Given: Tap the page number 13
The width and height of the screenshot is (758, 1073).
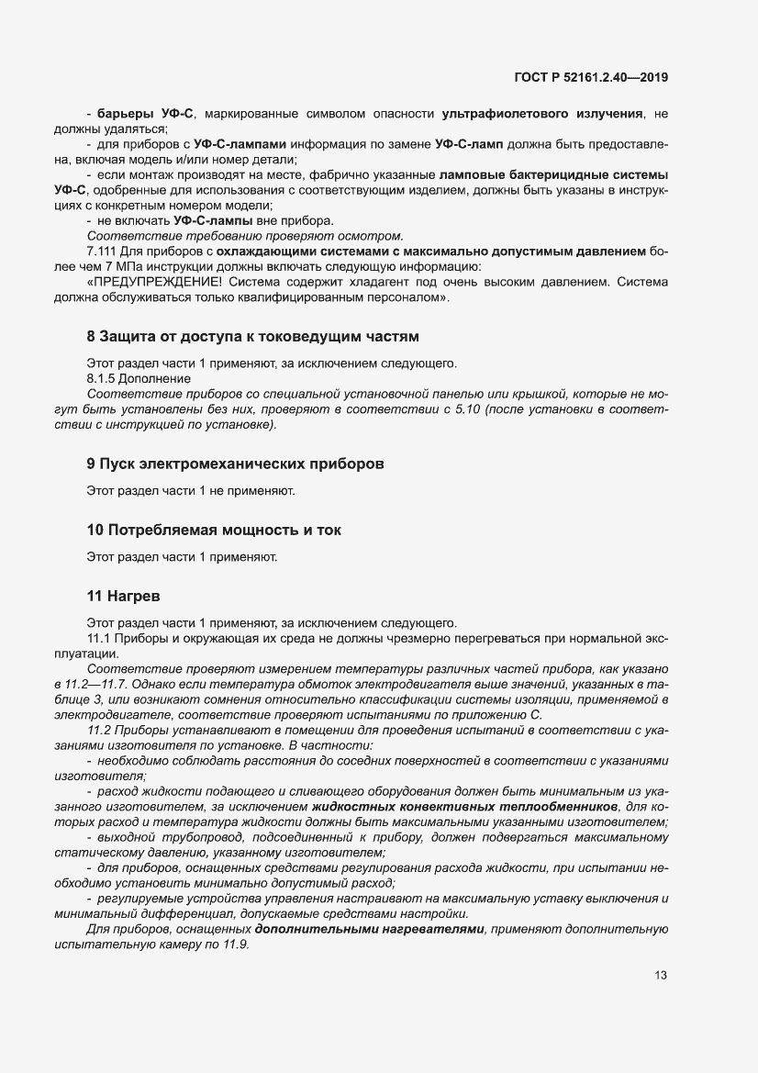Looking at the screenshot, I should [x=660, y=976].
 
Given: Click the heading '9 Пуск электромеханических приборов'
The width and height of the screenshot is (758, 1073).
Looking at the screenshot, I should [x=234, y=464].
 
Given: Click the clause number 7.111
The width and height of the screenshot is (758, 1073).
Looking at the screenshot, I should [x=103, y=251].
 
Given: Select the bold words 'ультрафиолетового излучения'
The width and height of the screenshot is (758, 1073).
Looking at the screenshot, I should [x=542, y=114].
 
